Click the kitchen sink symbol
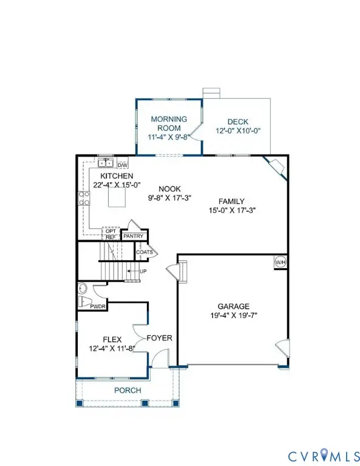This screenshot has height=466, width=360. coord(105,163)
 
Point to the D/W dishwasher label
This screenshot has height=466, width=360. coord(122,165)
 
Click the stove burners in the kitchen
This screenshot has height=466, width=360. coord(84,198)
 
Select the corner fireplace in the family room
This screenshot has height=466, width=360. coord(274,165)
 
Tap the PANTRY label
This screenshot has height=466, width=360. coord(133,236)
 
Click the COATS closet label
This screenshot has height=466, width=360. coord(144,252)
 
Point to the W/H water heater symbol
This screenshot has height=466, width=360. coord(280,262)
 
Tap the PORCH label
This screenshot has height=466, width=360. coord(127,390)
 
